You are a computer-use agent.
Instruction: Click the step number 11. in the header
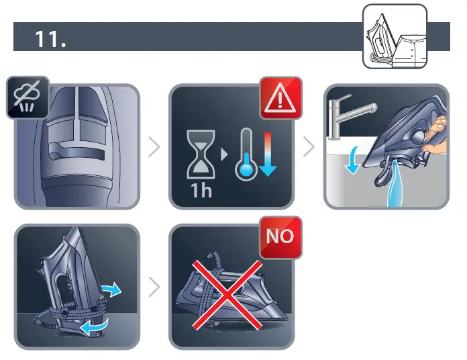point(50,38)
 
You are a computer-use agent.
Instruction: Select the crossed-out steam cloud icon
point(27,97)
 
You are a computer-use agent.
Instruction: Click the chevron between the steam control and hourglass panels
point(154,146)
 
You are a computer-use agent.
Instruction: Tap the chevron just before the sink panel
point(309,146)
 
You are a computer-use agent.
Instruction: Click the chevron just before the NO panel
point(154,287)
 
